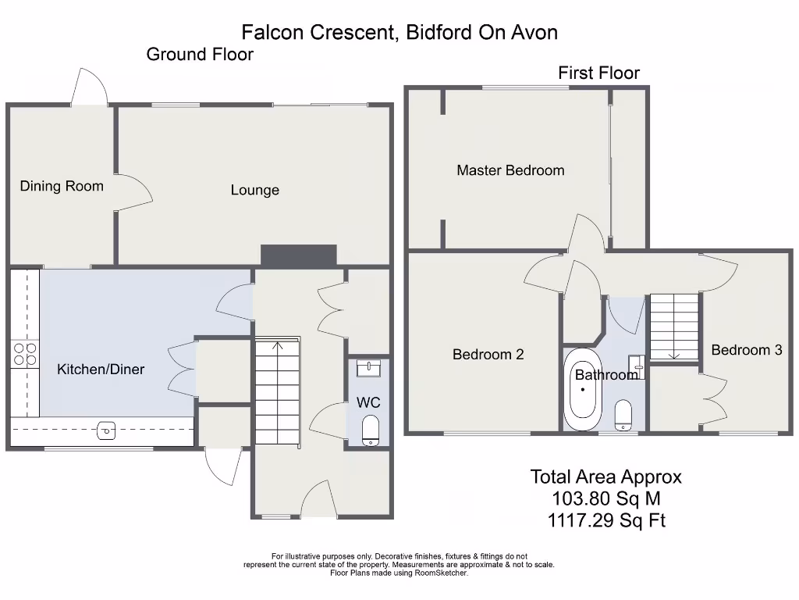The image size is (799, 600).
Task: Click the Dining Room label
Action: (62, 186)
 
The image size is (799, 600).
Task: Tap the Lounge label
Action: (255, 190)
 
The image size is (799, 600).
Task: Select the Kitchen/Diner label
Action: (101, 369)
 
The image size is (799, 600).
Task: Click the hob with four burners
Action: (25, 355)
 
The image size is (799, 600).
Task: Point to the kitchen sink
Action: (106, 430)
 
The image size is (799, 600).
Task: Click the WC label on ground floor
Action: (368, 402)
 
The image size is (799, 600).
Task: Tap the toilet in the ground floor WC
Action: (370, 430)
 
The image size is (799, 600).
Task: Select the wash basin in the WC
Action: (368, 368)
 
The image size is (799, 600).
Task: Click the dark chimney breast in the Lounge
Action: (299, 255)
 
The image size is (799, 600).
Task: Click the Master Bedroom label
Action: (510, 170)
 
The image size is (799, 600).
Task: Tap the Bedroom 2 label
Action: (488, 354)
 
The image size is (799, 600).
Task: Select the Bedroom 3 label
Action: (747, 349)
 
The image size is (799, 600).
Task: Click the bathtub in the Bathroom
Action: (583, 390)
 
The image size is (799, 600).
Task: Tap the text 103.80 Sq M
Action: (605, 498)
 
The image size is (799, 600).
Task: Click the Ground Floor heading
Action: (200, 54)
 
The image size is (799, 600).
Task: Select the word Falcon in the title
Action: (273, 32)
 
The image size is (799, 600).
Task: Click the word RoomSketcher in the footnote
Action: (441, 573)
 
